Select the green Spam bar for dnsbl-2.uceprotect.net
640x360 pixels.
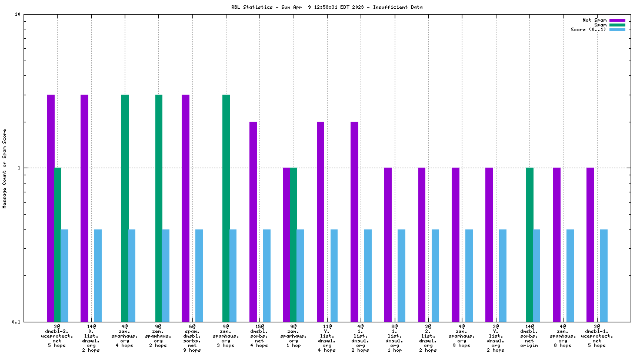point(58,244)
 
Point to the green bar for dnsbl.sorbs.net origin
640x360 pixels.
point(529,244)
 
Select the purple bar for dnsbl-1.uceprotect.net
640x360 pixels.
point(590,244)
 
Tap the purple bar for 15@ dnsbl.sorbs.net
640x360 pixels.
point(253,221)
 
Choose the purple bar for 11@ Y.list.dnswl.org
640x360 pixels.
point(321,221)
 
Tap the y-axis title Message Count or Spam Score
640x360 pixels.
point(5,169)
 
